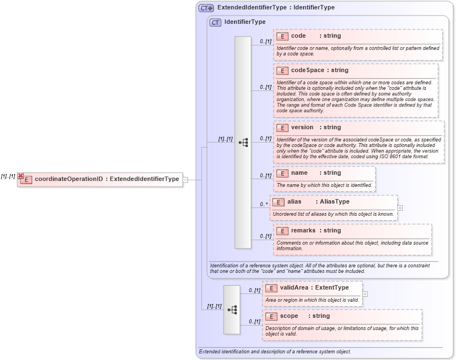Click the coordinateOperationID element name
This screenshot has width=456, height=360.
pyautogui.click(x=68, y=179)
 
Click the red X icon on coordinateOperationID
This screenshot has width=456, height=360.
pyautogui.click(x=21, y=176)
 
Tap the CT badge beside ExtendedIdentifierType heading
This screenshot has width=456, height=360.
pyautogui.click(x=206, y=8)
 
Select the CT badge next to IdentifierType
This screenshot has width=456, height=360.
pyautogui.click(x=215, y=22)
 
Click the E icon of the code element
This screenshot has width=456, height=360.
pyautogui.click(x=282, y=36)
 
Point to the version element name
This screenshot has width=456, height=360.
pyautogui.click(x=302, y=128)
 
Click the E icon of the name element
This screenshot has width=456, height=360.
pyautogui.click(x=282, y=173)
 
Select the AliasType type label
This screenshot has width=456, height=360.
pyautogui.click(x=335, y=202)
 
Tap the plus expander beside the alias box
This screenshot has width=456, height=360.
pyautogui.click(x=400, y=208)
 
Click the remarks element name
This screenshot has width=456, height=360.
pyautogui.click(x=303, y=231)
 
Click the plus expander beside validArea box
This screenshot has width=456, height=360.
pyautogui.click(x=365, y=294)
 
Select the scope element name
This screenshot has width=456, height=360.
pyautogui.click(x=289, y=316)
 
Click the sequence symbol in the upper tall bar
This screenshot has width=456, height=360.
pyautogui.click(x=243, y=143)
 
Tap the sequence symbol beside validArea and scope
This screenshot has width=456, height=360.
pyautogui.click(x=232, y=310)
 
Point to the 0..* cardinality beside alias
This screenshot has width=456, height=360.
pyautogui.click(x=264, y=204)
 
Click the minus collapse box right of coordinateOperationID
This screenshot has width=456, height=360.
pyautogui.click(x=186, y=179)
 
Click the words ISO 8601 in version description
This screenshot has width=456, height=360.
pyautogui.click(x=389, y=156)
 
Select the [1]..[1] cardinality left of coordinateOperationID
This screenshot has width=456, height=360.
pyautogui.click(x=8, y=176)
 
